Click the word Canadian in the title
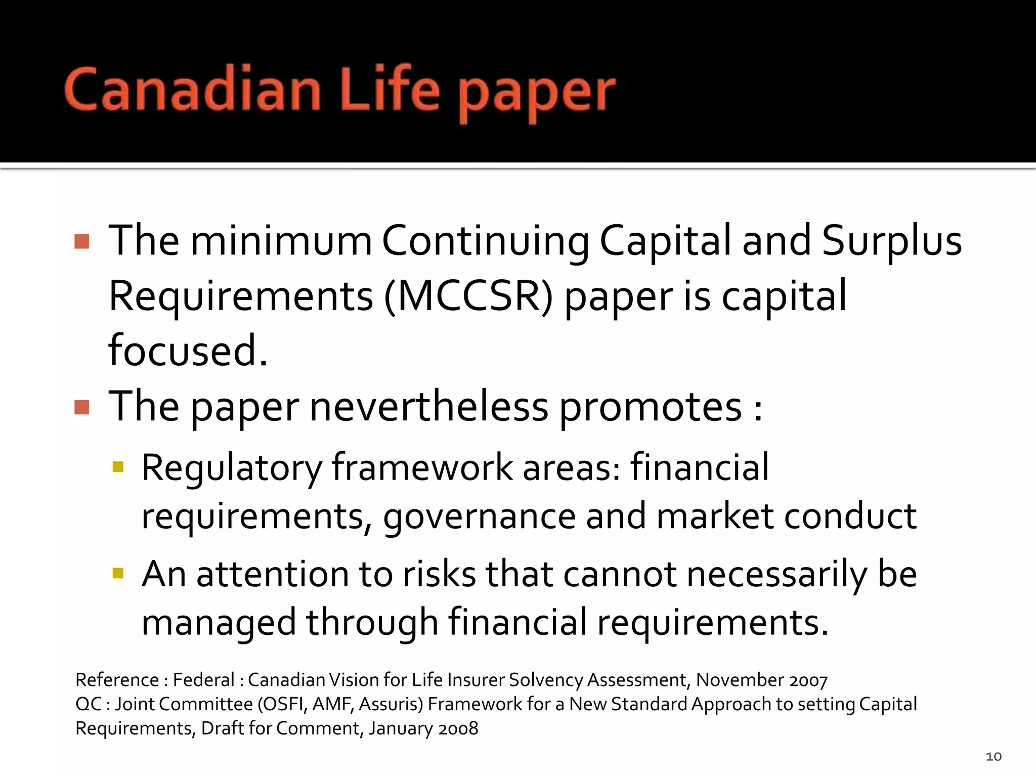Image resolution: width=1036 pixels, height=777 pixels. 192,90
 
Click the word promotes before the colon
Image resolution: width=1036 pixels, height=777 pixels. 650,407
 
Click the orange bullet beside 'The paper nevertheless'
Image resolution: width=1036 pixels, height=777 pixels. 81,407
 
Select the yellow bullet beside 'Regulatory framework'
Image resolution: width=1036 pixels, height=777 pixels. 118,466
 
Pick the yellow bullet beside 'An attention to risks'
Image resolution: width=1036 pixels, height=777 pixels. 118,573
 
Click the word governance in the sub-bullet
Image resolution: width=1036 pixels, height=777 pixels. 480,517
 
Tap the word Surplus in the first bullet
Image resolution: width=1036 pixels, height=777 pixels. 891,241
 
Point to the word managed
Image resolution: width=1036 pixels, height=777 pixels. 219,623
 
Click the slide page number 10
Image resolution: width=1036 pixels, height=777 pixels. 994,756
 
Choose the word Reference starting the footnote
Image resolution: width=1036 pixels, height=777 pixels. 117,680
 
